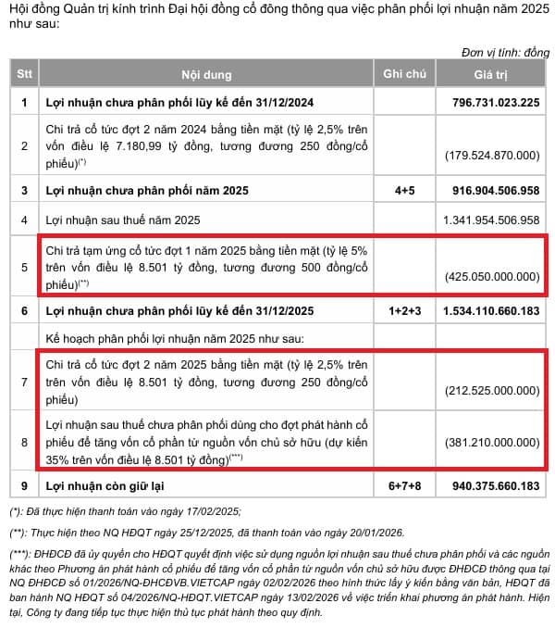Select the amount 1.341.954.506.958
tap(490, 220)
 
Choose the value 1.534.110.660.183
tap(490, 310)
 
